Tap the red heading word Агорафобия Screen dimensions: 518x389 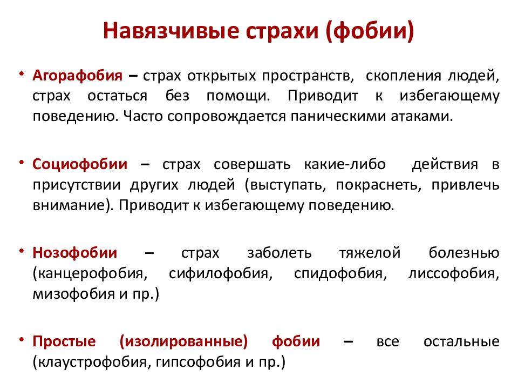click(77, 76)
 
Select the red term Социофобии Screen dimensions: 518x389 click(80, 164)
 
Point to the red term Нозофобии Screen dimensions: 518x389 click(74, 253)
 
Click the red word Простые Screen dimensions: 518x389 click(64, 341)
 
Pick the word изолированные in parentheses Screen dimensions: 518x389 click(183, 341)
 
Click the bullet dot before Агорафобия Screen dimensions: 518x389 click(22, 74)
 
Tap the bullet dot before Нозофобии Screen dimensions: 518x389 click(22, 251)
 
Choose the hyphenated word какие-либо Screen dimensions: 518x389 click(345, 164)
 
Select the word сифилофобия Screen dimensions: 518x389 click(219, 274)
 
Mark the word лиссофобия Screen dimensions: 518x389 click(451, 274)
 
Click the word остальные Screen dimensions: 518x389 click(461, 341)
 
